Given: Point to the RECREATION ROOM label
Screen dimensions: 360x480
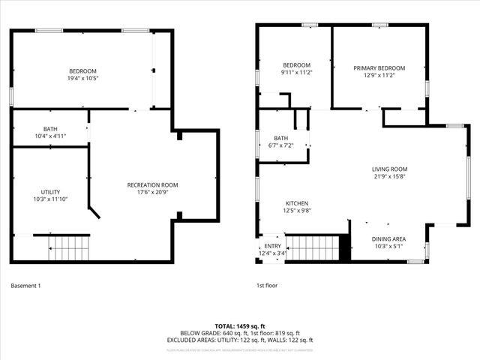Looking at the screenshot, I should pos(152,184).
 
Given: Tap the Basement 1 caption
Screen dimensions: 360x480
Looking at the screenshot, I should pos(26,286).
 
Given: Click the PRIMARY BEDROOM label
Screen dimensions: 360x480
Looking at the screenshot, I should pos(379,67).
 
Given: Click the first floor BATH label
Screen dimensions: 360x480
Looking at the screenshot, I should pos(280,138).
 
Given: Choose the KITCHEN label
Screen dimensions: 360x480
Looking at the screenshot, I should pos(296,203).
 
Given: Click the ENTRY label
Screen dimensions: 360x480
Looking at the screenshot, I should pos(271,246).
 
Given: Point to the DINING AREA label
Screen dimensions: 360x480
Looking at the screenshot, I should pos(388,238).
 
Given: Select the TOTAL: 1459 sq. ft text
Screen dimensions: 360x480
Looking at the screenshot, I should pos(240,325).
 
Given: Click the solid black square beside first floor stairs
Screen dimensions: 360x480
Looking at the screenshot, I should pos(345,247).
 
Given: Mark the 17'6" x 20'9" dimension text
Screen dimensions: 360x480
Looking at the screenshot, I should pos(152,192).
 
